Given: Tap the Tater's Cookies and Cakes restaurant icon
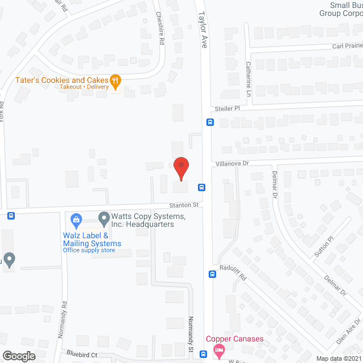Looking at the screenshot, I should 116,81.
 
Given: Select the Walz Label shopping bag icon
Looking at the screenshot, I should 75,218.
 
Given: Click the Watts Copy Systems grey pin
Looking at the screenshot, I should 104,217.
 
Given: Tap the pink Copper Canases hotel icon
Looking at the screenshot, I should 219,349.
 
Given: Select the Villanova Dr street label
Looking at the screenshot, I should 233,163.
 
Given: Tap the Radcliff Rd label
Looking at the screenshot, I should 234,273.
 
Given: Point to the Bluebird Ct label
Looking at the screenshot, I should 77,352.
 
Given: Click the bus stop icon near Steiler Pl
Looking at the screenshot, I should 210,122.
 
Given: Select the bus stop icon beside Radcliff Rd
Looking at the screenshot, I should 212,275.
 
